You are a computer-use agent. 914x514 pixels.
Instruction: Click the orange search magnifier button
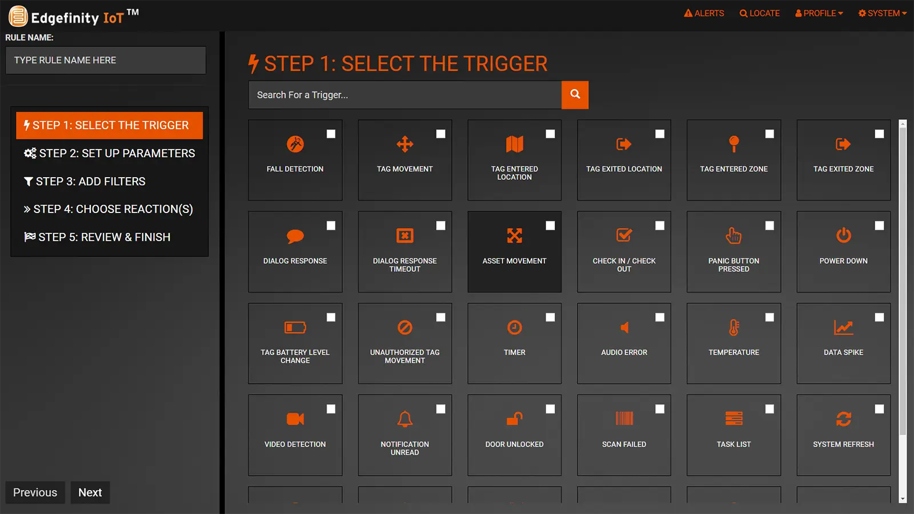click(575, 95)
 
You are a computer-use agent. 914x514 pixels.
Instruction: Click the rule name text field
click(106, 60)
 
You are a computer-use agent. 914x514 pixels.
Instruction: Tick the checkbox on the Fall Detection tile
click(331, 134)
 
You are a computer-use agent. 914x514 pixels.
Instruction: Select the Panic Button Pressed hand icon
click(733, 235)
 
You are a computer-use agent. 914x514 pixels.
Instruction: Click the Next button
click(90, 492)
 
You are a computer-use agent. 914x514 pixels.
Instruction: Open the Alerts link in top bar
click(704, 13)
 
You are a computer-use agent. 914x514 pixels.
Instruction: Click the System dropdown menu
click(882, 13)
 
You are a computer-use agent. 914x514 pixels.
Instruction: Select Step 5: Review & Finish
click(97, 237)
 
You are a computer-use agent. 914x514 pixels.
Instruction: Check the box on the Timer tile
click(550, 317)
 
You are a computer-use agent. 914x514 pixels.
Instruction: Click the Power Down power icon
click(843, 235)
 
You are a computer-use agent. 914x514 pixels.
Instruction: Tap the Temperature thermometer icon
click(733, 327)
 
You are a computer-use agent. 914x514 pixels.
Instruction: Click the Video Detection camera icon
click(295, 419)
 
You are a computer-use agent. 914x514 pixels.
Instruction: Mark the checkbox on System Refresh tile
click(879, 409)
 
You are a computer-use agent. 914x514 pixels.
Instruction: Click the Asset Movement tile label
click(514, 261)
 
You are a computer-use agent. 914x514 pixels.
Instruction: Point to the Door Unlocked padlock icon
click(514, 419)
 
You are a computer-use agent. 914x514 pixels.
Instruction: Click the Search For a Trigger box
click(404, 95)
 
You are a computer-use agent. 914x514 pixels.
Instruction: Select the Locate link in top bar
click(759, 13)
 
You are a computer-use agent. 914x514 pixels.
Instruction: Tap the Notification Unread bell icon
click(404, 419)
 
